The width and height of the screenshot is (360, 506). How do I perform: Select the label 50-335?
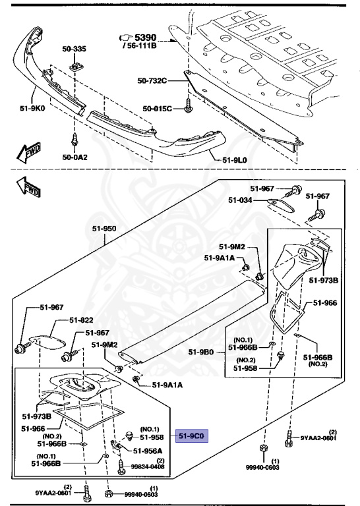pos(74,48)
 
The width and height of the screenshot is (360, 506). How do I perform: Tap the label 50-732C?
pos(152,81)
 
